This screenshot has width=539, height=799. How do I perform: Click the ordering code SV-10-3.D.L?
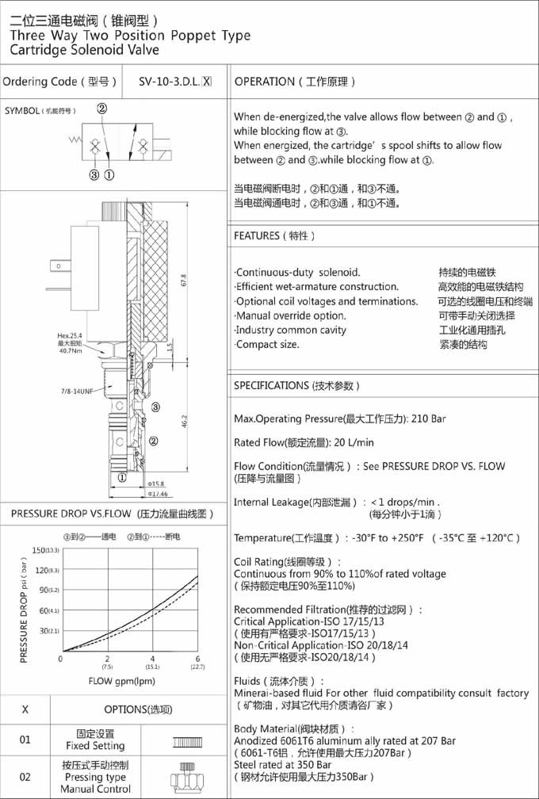pos(169,81)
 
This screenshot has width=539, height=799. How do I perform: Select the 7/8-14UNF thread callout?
pos(78,392)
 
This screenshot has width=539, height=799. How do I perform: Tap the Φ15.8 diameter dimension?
pos(156,483)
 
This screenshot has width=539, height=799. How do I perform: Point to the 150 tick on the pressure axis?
pos(40,550)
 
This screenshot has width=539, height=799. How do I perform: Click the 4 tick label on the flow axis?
pos(152,659)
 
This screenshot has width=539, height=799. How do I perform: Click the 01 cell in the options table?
pos(25,740)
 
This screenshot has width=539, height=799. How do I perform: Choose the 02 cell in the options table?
pos(25,777)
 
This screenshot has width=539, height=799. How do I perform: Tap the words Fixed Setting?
pos(95,746)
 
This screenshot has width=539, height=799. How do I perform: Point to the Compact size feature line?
pos(267,344)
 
